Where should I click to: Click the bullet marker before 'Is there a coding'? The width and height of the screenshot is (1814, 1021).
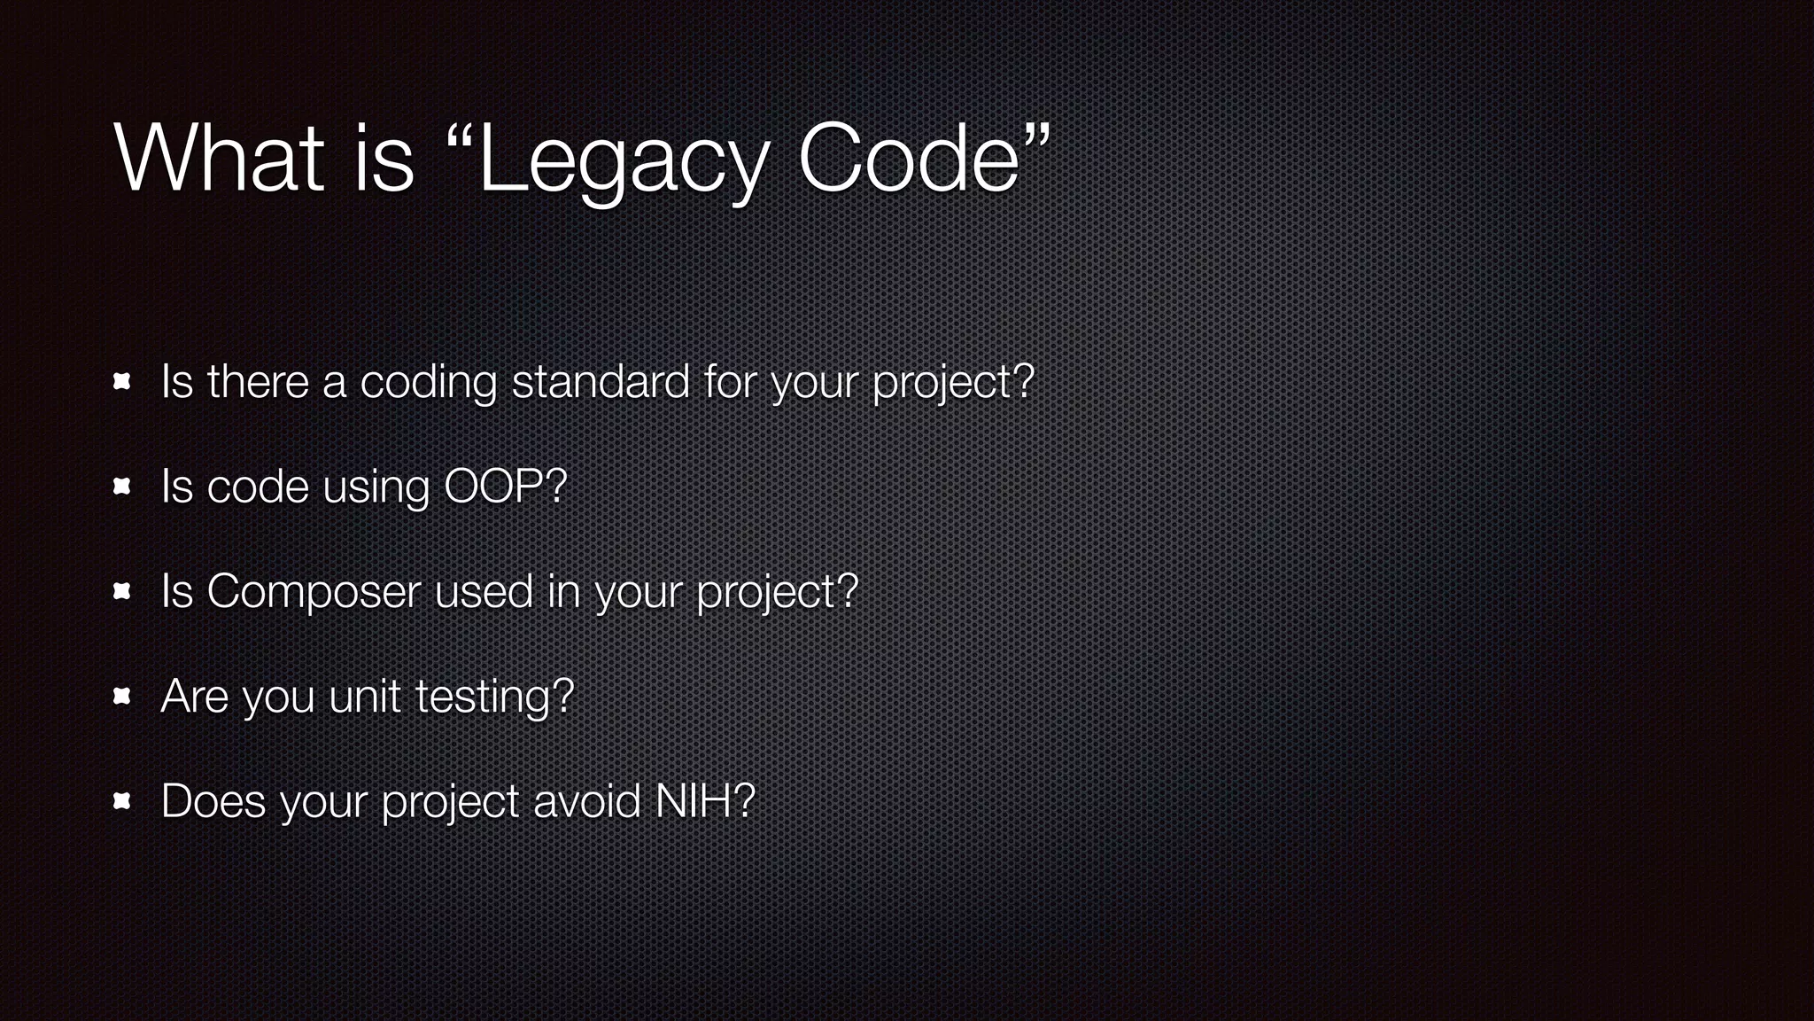(x=122, y=382)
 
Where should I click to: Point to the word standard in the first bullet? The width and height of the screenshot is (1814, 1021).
(x=601, y=382)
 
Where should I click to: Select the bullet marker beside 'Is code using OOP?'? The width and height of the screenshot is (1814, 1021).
(x=122, y=487)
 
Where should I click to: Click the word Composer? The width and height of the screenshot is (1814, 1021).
(x=314, y=592)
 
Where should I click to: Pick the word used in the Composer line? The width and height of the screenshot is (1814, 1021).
(x=484, y=591)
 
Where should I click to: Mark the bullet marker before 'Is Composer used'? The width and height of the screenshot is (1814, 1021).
(x=122, y=591)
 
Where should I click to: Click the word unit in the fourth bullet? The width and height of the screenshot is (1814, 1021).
(x=364, y=696)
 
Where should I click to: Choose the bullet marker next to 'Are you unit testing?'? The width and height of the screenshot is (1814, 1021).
(x=122, y=697)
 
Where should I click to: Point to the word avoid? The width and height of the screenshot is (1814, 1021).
(x=586, y=801)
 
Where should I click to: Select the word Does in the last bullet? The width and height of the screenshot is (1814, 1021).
(x=213, y=801)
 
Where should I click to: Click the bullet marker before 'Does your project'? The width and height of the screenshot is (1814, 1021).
(x=122, y=801)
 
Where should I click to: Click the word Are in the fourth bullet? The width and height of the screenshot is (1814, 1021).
(x=194, y=697)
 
